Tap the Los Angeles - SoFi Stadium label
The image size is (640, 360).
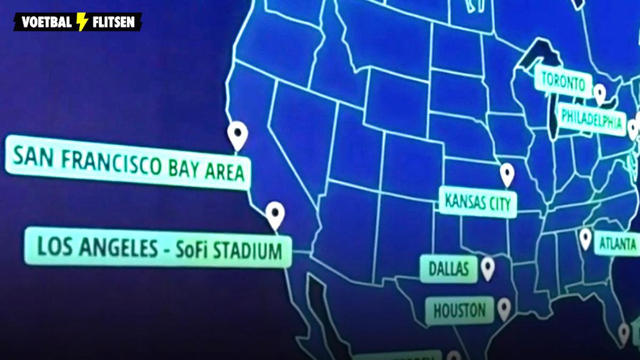tap(159, 249)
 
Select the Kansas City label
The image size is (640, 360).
tap(478, 202)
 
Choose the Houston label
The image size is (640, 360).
tap(459, 310)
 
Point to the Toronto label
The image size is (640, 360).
tap(563, 82)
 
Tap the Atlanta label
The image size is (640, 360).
tap(617, 244)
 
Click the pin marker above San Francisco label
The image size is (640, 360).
tap(237, 134)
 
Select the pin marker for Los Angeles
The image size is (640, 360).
tap(275, 214)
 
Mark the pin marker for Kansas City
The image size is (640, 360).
tap(507, 173)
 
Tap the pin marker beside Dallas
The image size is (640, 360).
tap(487, 268)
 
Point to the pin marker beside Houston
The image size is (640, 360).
tap(503, 308)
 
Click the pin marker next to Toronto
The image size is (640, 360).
tap(600, 94)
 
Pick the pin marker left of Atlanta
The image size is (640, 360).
tap(586, 238)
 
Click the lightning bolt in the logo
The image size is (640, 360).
tap(82, 22)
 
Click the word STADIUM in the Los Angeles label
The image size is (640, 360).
tap(250, 251)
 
